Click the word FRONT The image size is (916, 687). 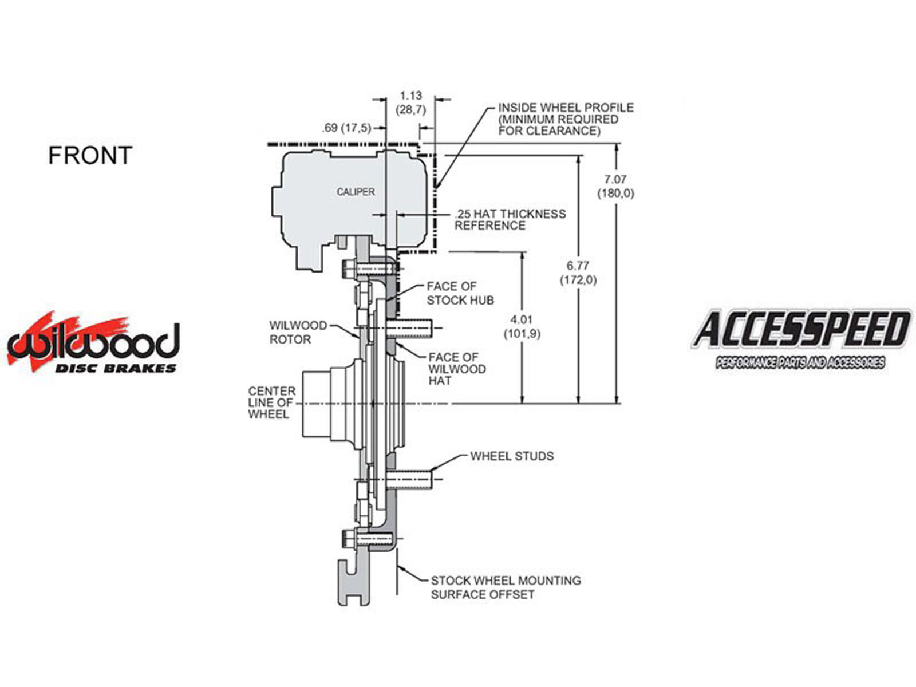90,156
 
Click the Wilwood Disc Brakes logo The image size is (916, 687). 93,344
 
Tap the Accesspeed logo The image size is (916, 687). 800,338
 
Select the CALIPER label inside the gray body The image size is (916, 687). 356,192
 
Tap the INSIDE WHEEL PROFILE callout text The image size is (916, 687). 565,119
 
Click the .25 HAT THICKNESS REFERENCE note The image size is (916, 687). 510,220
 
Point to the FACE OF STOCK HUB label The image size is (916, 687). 460,293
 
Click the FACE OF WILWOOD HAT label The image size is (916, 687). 456,369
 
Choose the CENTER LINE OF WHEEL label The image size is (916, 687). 272,402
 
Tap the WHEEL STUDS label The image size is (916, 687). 512,456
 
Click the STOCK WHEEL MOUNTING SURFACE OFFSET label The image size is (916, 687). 506,587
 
